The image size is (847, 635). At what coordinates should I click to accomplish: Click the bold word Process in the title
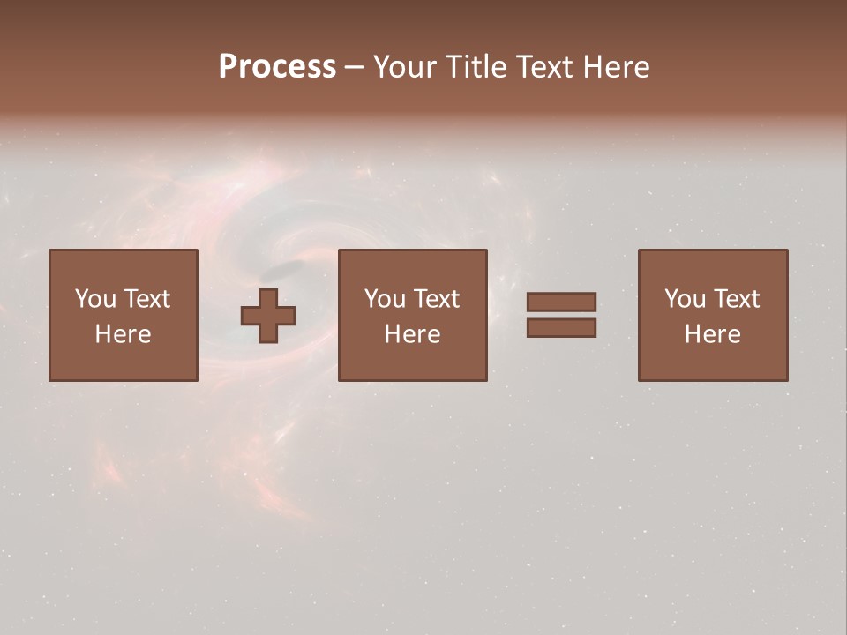[277, 67]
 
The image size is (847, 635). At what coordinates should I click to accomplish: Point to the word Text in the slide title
[546, 67]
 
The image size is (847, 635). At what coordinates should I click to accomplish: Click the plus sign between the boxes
[268, 316]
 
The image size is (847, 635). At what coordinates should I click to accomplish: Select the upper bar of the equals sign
[561, 302]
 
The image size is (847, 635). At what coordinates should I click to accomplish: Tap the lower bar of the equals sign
[561, 328]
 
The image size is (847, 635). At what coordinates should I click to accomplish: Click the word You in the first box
[95, 299]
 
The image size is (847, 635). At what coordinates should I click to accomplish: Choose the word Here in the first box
[123, 334]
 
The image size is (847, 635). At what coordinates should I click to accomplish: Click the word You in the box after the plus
[385, 299]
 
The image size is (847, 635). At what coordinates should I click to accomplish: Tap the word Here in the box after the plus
[412, 334]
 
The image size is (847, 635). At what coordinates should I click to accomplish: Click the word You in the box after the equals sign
[685, 299]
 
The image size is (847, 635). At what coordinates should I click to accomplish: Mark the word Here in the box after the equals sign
[712, 334]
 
